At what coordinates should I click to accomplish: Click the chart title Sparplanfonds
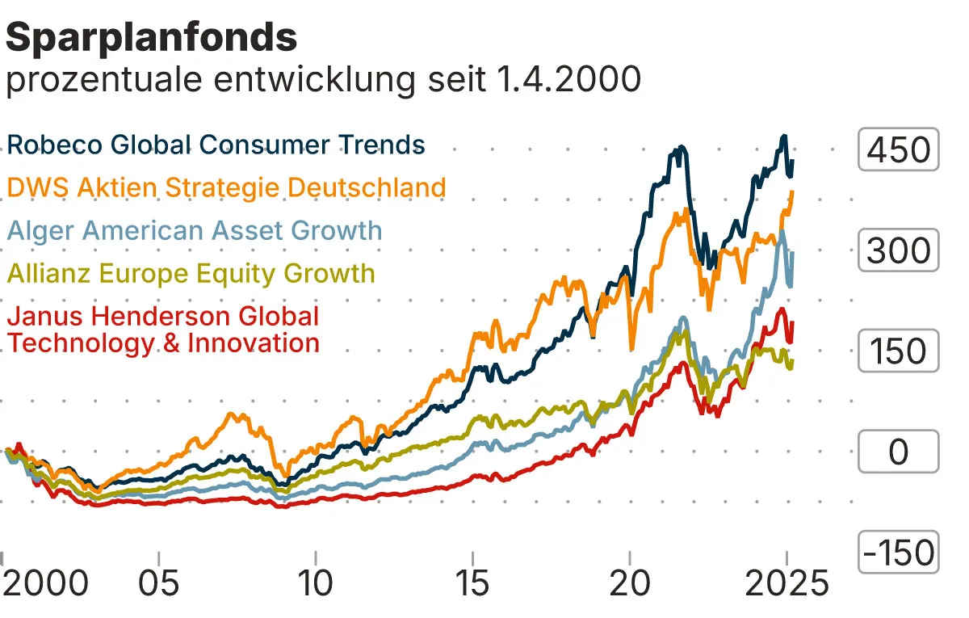[152, 37]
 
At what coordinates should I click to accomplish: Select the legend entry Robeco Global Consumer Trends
[216, 145]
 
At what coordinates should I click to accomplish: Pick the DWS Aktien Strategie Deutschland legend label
[226, 187]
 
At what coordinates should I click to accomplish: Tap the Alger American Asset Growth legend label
[194, 230]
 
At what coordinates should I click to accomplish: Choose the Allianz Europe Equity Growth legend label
[191, 273]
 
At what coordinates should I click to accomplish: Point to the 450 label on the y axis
[898, 150]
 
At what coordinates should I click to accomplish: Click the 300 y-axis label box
[898, 250]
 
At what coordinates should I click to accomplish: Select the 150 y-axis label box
[898, 351]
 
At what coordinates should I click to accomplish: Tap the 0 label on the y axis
[898, 452]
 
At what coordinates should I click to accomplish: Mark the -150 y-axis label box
[898, 553]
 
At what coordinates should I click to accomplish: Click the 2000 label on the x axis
[45, 582]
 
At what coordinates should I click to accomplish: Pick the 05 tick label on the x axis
[160, 582]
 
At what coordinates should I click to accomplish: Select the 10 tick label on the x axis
[317, 582]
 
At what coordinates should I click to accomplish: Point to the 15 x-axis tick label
[473, 582]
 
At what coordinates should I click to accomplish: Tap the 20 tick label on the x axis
[630, 582]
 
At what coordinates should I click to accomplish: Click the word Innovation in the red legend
[253, 343]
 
